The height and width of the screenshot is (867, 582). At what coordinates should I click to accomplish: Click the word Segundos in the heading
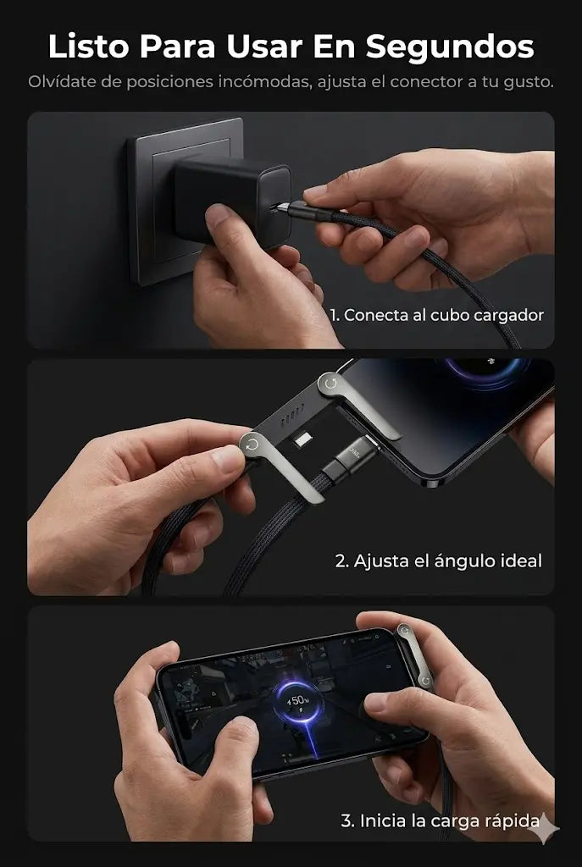tap(449, 47)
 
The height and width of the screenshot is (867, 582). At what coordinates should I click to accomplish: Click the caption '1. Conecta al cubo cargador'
tap(437, 315)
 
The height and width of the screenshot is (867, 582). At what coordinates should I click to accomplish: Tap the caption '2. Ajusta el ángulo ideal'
tap(439, 561)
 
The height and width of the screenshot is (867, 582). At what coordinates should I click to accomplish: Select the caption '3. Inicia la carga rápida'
tap(440, 821)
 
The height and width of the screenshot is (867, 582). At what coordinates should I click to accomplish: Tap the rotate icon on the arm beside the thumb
tap(252, 445)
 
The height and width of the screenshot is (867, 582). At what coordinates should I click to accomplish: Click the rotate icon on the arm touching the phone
tap(331, 383)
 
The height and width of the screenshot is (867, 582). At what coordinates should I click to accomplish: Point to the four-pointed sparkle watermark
tap(544, 829)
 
